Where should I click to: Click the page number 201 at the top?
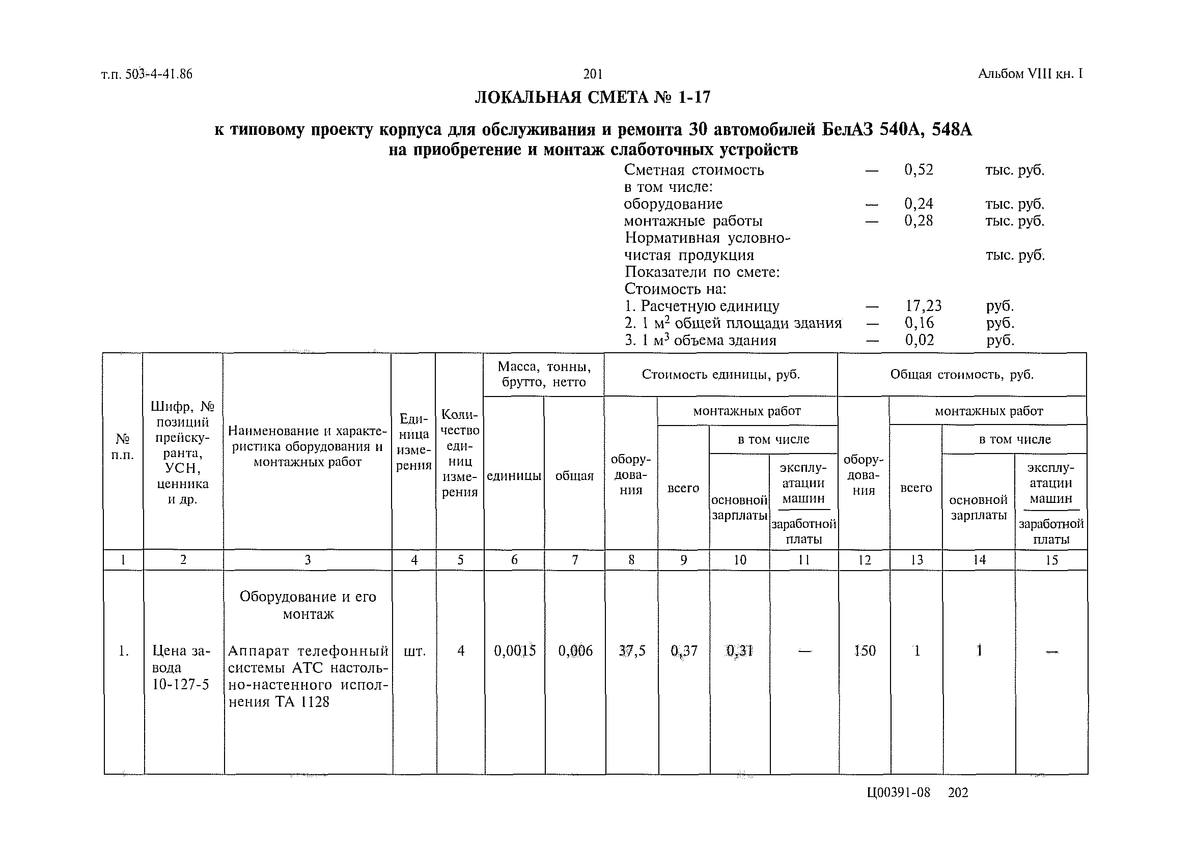point(593,74)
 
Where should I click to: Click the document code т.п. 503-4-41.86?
point(147,74)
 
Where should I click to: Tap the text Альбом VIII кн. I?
point(1030,74)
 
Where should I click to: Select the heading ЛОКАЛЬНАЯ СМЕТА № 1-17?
point(592,98)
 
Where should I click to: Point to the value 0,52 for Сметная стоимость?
point(918,169)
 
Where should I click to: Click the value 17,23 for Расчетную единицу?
point(923,305)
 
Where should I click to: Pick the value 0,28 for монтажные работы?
point(918,220)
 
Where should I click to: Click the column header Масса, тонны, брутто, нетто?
point(544,375)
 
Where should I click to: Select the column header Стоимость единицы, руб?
point(720,375)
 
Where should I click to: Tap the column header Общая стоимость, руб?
point(961,375)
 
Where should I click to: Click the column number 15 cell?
point(1051,560)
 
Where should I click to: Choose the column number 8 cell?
point(631,560)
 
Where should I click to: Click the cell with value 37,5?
point(631,651)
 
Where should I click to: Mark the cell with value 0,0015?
point(514,651)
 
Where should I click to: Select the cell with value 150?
point(865,651)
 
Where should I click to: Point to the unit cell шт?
point(414,651)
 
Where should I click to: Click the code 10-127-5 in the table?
point(180,685)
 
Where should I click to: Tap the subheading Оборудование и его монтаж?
point(308,605)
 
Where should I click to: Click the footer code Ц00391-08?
point(898,793)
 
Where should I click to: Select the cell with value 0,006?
point(575,651)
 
